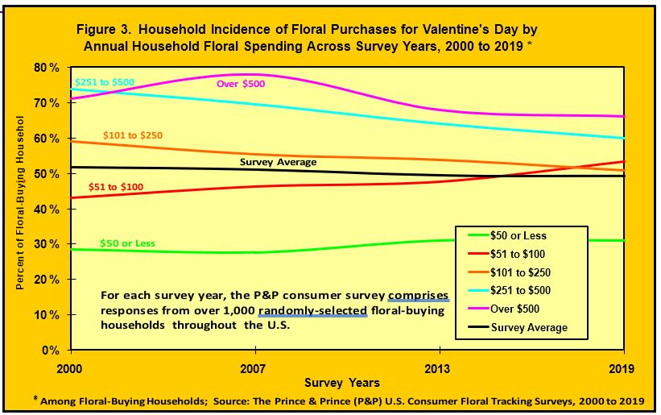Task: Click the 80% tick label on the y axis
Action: [47, 68]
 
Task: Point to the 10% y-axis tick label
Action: [47, 315]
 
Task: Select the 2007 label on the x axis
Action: [255, 365]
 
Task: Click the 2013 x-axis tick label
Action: [440, 365]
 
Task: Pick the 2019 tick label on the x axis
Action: [624, 365]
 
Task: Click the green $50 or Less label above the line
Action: [127, 243]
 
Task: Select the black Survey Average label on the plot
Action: [279, 162]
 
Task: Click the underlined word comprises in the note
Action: [418, 294]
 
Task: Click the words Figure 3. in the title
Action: [111, 29]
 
